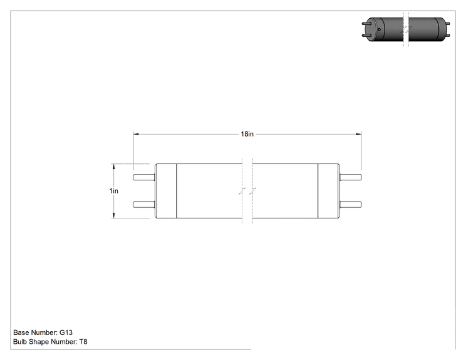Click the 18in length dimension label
click(x=247, y=134)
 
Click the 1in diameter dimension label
click(x=114, y=191)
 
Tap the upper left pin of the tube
click(x=144, y=177)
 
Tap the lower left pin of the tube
click(x=144, y=204)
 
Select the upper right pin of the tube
click(x=351, y=177)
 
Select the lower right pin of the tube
click(x=351, y=204)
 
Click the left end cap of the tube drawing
click(x=166, y=191)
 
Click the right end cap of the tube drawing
click(x=329, y=191)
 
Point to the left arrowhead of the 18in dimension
click(x=136, y=134)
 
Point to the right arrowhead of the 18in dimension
click(x=359, y=134)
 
